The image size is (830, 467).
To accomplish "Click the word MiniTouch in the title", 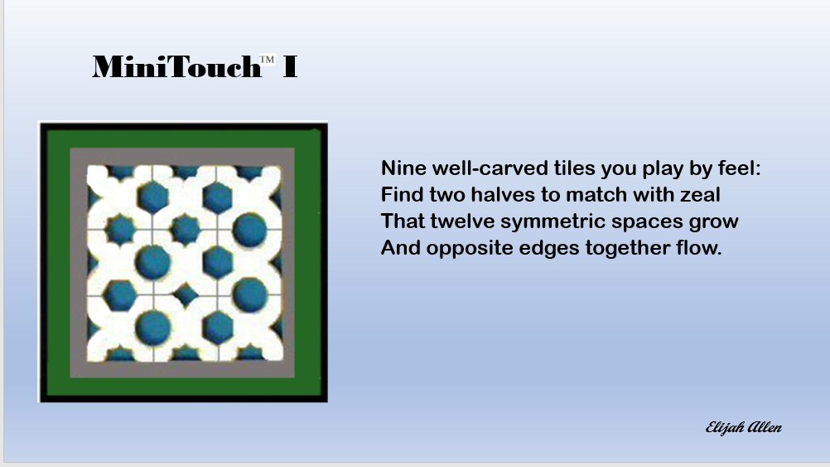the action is coord(176,67).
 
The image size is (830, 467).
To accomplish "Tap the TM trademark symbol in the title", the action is coord(267,60).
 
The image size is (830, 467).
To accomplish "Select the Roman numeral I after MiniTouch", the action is coord(290,67).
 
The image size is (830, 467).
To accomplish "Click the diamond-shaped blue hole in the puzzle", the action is coord(185,294).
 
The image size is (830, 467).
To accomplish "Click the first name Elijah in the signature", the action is coord(725,428).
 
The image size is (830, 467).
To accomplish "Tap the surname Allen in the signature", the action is coord(765,426).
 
